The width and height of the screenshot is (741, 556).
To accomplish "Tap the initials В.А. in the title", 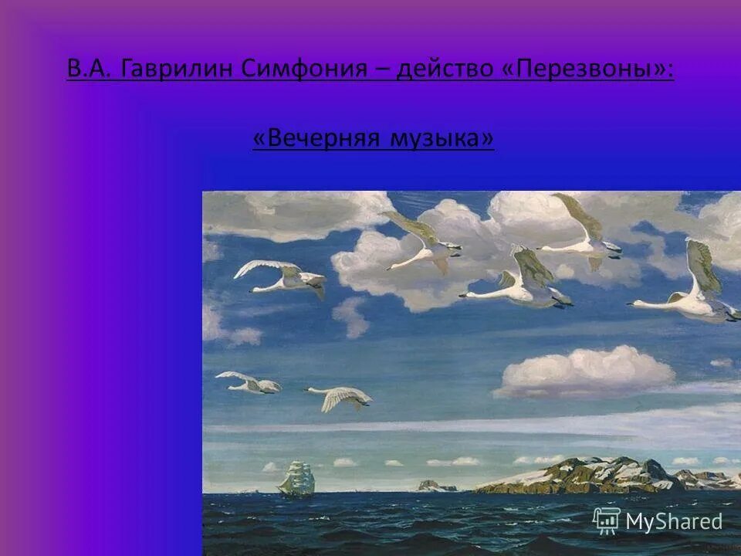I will pos(90,69).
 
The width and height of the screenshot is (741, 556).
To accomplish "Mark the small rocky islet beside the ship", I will pos(435,486).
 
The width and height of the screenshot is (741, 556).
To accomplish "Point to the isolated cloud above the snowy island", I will pos(585,371).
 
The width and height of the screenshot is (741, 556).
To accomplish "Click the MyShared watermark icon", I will pos(606,520).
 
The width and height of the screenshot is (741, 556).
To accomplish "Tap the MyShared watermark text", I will pos(674,521).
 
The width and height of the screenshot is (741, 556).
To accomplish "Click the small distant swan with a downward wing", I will pos(340,397).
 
